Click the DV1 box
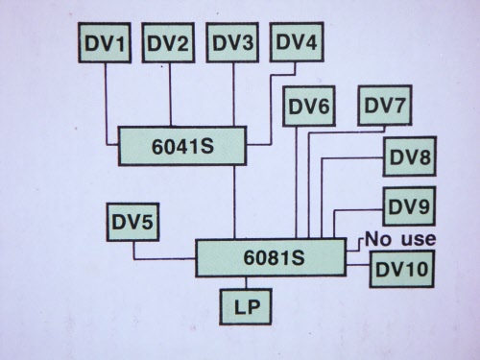(x=105, y=42)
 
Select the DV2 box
(x=168, y=42)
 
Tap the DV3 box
(x=232, y=42)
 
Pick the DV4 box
(x=297, y=41)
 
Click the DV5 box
(x=132, y=222)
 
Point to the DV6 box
(x=309, y=106)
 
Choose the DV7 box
(x=385, y=105)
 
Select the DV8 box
(x=410, y=156)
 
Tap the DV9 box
(x=409, y=206)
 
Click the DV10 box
(x=402, y=269)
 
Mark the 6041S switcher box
(x=182, y=146)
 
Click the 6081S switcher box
(x=271, y=257)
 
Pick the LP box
(x=246, y=307)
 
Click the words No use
(x=400, y=239)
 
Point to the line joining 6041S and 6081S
(x=234, y=203)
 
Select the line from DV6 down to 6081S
(x=297, y=182)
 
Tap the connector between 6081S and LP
(x=246, y=282)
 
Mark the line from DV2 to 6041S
(x=170, y=94)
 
